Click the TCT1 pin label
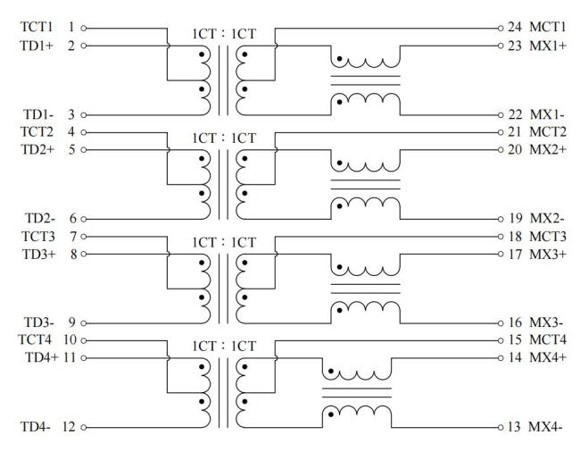(x=37, y=27)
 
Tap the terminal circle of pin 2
(x=84, y=46)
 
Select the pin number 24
(x=515, y=27)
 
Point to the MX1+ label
(x=548, y=46)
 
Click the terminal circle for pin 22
(x=501, y=115)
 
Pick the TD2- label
(x=40, y=219)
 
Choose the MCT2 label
(x=548, y=132)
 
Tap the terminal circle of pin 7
(x=84, y=237)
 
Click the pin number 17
(x=515, y=255)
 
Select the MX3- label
(x=546, y=322)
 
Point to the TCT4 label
(x=35, y=339)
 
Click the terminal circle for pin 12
(x=84, y=428)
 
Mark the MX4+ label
(x=548, y=357)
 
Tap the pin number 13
(x=514, y=427)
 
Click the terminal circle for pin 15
(x=501, y=340)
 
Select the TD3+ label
(x=39, y=255)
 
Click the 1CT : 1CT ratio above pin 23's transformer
(x=224, y=34)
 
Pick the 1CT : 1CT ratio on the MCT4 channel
(x=224, y=347)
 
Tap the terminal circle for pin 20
(x=501, y=150)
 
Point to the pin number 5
(x=72, y=149)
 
